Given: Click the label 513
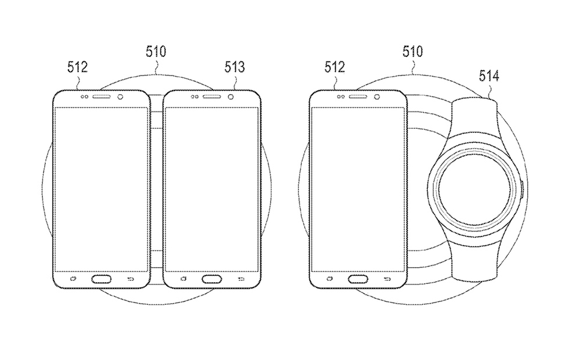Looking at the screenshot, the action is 235,67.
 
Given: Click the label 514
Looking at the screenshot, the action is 489,76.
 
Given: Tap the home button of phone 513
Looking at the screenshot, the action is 212,279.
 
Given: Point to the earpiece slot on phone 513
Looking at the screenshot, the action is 211,97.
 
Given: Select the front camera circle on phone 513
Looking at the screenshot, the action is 231,97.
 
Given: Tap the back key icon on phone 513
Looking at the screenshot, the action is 242,279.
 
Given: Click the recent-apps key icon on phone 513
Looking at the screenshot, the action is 183,279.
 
